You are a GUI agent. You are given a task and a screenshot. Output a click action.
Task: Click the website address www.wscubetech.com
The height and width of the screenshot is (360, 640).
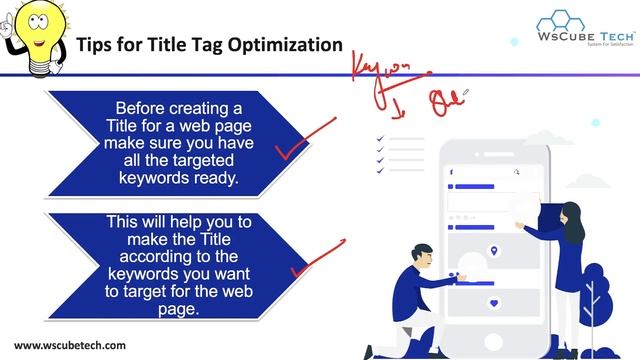click(x=70, y=345)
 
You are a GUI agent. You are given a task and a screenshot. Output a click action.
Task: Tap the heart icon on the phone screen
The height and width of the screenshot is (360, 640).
click(x=493, y=303)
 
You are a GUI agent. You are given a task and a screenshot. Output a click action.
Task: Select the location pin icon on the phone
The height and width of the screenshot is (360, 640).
click(x=493, y=251)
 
